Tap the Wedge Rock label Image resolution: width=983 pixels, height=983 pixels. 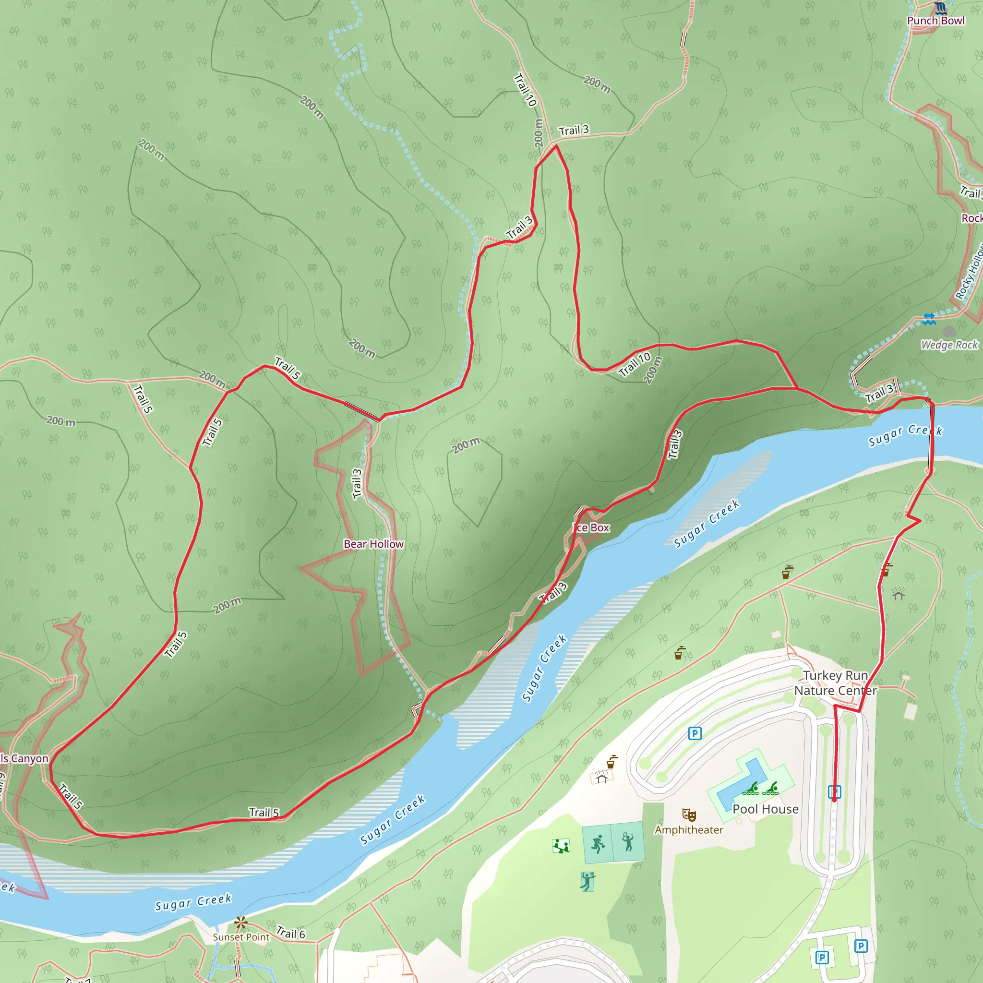pyautogui.click(x=949, y=345)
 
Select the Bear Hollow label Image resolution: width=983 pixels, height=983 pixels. pyautogui.click(x=373, y=544)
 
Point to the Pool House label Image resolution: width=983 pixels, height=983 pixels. pyautogui.click(x=765, y=809)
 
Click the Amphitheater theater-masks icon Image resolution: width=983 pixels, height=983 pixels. pyautogui.click(x=689, y=815)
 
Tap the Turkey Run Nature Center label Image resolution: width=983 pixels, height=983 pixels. pyautogui.click(x=835, y=683)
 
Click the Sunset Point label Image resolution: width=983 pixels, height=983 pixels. pyautogui.click(x=240, y=937)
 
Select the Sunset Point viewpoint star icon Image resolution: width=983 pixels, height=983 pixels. pyautogui.click(x=240, y=923)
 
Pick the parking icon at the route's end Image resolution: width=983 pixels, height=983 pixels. pyautogui.click(x=834, y=791)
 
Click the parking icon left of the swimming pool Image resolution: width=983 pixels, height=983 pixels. pyautogui.click(x=695, y=733)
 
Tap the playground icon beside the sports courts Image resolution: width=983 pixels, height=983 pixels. pyautogui.click(x=561, y=846)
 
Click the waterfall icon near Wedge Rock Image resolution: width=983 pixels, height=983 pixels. pyautogui.click(x=929, y=319)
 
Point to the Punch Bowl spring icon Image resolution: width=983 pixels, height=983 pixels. pyautogui.click(x=940, y=8)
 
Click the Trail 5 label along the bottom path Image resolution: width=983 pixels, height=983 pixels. pyautogui.click(x=264, y=813)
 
